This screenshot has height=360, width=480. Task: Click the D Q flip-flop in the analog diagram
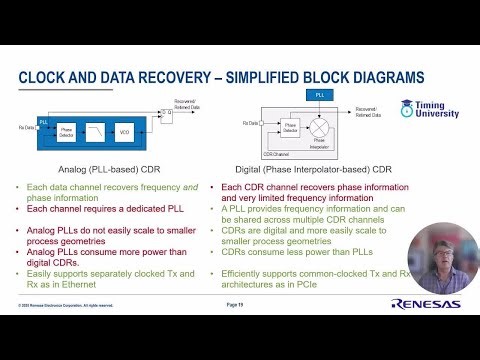point(167,113)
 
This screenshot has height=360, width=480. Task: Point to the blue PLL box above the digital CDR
point(317,94)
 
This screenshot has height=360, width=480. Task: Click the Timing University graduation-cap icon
point(407,106)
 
